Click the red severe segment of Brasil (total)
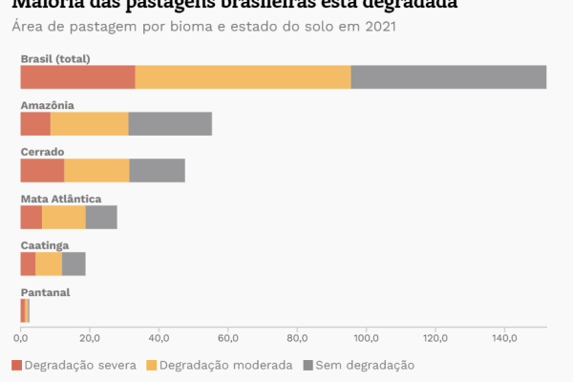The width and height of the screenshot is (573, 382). tap(77, 76)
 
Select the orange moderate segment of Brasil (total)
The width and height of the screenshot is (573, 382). tap(243, 76)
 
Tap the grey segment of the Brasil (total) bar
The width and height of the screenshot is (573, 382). tap(448, 76)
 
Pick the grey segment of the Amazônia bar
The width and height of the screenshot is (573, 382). tap(170, 123)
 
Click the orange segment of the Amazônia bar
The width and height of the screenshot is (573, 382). tap(89, 123)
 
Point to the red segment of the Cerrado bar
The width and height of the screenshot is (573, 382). tap(42, 170)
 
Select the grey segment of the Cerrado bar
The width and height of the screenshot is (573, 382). tap(157, 170)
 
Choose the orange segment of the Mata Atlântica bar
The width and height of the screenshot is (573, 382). tap(64, 217)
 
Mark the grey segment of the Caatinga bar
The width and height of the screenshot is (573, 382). tap(74, 264)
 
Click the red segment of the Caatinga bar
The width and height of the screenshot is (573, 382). tap(28, 264)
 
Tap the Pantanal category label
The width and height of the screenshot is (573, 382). tap(45, 291)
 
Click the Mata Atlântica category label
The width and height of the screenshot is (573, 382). tap(61, 199)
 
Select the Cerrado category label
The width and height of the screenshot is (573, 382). tap(42, 152)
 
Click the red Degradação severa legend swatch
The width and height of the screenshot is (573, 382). tap(16, 365)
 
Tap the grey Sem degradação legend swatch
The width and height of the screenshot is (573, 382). tap(308, 365)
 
